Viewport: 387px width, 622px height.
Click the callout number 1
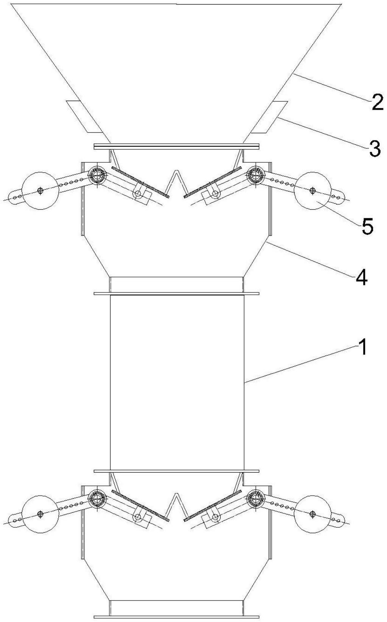(x=362, y=347)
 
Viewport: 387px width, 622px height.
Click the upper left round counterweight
(x=40, y=190)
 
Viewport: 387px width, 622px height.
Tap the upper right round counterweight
(x=312, y=190)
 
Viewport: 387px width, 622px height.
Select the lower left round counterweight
(x=40, y=513)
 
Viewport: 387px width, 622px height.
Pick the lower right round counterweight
(x=312, y=513)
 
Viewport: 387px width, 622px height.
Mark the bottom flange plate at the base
(x=176, y=617)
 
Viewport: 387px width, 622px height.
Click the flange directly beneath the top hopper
(x=176, y=146)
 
